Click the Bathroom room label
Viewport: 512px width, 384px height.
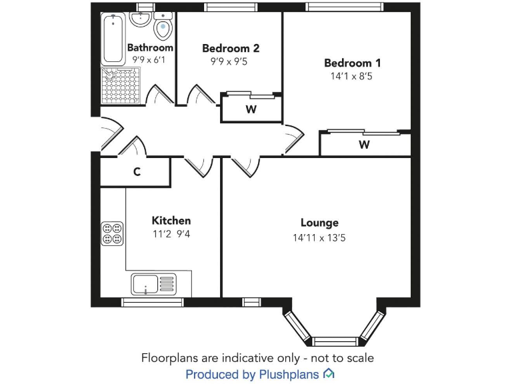150,48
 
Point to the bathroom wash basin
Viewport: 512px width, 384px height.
141,19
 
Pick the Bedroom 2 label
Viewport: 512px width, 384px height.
230,48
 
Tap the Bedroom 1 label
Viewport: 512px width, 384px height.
352,63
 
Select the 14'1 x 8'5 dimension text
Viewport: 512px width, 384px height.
352,77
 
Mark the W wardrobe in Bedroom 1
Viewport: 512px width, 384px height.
364,145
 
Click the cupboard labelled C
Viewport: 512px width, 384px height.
136,172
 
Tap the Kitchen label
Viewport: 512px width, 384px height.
171,221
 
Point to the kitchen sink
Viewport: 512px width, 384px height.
152,285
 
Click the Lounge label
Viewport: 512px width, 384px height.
319,223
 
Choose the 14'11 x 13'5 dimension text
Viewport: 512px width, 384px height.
319,237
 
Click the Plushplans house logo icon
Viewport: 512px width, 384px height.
329,374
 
